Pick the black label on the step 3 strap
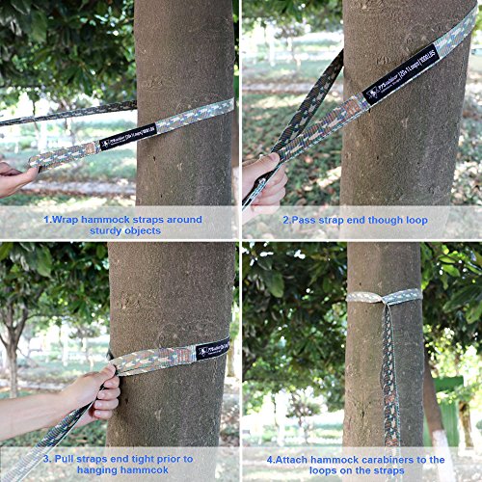tap(212, 349)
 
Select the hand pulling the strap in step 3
tap(92, 390)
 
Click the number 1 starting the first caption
tap(45, 219)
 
